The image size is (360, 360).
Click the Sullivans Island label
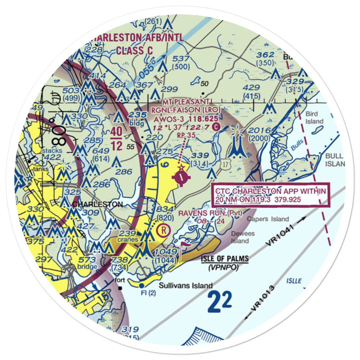(186, 286)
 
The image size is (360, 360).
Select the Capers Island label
(268, 219)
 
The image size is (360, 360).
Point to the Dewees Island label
(243, 237)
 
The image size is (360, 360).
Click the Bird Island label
(314, 118)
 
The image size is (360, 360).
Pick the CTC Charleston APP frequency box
(270, 195)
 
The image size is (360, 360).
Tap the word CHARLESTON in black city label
(97, 204)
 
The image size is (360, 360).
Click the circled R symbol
(164, 229)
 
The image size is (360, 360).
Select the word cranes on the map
(126, 240)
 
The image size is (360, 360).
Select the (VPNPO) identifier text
(224, 267)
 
